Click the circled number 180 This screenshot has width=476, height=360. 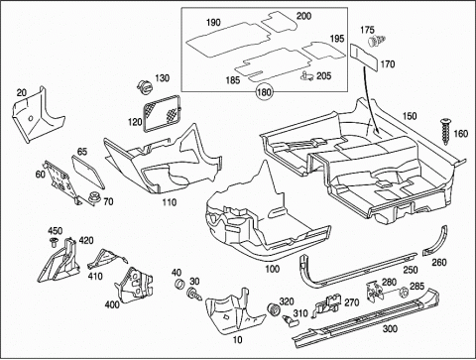(264, 91)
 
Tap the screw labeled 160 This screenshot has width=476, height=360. (445, 131)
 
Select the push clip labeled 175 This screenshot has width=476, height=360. (377, 41)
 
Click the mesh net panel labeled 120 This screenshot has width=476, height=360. (163, 113)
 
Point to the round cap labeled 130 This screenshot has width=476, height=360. (145, 86)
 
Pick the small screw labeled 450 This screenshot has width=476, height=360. (54, 242)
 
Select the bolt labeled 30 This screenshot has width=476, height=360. (194, 294)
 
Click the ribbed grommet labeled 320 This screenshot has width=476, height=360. (274, 309)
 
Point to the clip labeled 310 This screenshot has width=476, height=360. (289, 320)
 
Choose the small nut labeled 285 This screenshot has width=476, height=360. (404, 293)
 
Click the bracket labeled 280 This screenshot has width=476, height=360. (375, 291)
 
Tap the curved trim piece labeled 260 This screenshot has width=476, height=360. (437, 241)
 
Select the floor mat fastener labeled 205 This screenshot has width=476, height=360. (307, 76)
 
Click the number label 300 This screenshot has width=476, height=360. (390, 329)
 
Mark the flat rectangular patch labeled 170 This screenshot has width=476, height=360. (364, 57)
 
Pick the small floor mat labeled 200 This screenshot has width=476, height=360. (279, 22)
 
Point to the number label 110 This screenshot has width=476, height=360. (169, 202)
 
